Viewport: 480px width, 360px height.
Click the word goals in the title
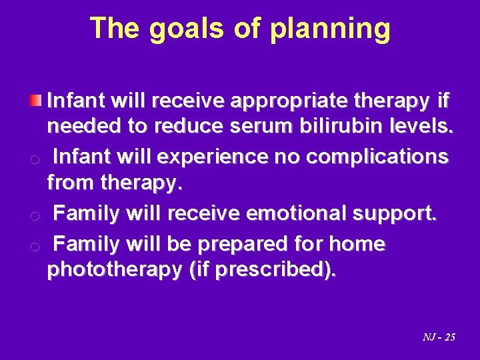[177, 29]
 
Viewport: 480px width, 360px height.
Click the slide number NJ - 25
[438, 337]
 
